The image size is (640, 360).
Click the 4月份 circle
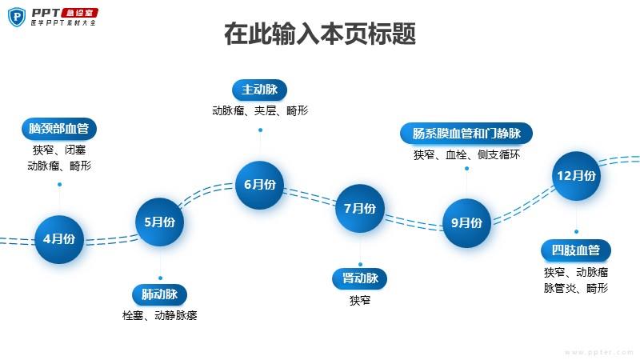pos(59,239)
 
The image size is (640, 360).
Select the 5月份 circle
pos(159,222)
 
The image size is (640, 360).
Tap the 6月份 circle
pos(259,185)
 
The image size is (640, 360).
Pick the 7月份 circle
pos(360,209)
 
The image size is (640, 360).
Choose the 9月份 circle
pos(467,223)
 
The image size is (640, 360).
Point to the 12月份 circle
pos(576,176)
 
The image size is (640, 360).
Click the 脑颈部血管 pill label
pos(59,129)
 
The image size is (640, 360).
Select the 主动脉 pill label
pos(259,90)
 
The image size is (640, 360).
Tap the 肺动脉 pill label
pos(159,294)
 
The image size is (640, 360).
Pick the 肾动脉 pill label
pos(359,278)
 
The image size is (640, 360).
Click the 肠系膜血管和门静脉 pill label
pos(466,133)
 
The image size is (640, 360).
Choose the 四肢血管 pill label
pos(576,250)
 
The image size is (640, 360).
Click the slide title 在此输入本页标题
pos(320,34)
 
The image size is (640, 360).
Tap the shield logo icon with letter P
pos(17,17)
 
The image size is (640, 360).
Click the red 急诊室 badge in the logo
pos(79,13)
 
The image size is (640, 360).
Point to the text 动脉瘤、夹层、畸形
pos(260,110)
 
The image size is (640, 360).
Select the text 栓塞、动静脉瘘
pos(159,315)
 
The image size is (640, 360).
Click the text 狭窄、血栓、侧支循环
pos(466,154)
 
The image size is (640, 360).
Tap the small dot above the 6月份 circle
pos(261,130)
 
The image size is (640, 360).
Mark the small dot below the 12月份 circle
pos(576,231)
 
